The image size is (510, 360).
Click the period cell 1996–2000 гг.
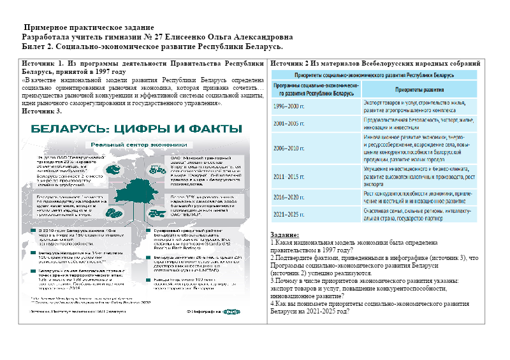tap(289, 105)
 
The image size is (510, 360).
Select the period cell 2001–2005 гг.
tap(289, 122)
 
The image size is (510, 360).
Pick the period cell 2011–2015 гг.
tap(289, 176)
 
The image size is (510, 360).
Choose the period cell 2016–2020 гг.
tap(289, 198)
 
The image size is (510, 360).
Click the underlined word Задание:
tap(284, 235)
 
